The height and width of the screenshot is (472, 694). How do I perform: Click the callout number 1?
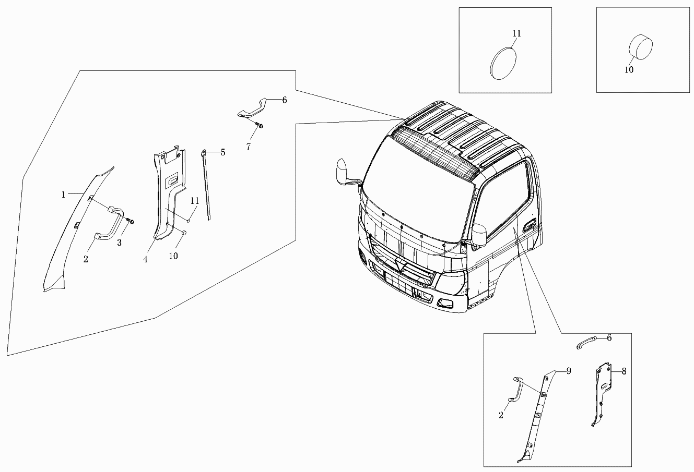point(64,195)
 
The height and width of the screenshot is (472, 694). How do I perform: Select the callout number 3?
point(119,243)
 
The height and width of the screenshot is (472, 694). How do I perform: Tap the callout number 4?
point(145,259)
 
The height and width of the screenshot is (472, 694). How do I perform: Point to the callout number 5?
point(223,152)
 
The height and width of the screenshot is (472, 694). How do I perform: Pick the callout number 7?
point(249,147)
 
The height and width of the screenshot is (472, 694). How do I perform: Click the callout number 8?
point(624,371)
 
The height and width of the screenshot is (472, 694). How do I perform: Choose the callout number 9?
point(569,371)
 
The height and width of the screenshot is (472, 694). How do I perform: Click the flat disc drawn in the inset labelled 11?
point(503,64)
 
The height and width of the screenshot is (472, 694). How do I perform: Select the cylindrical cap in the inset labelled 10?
point(641,47)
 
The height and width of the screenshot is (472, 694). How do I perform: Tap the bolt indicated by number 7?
point(260,125)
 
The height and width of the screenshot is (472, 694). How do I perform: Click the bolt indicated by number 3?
point(131,221)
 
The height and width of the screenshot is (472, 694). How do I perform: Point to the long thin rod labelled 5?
point(206,185)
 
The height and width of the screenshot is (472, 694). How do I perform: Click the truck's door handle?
point(530,225)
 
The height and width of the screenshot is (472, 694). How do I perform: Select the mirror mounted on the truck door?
point(479,235)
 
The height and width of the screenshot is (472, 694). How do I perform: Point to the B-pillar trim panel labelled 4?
point(168,192)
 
